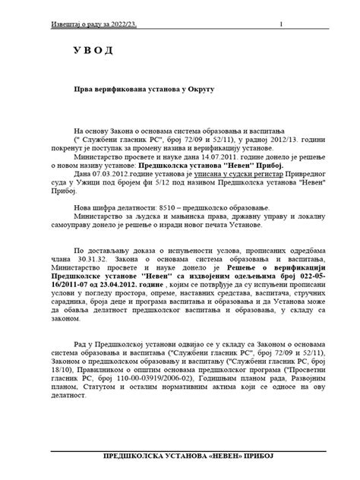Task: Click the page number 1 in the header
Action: [281, 24]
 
